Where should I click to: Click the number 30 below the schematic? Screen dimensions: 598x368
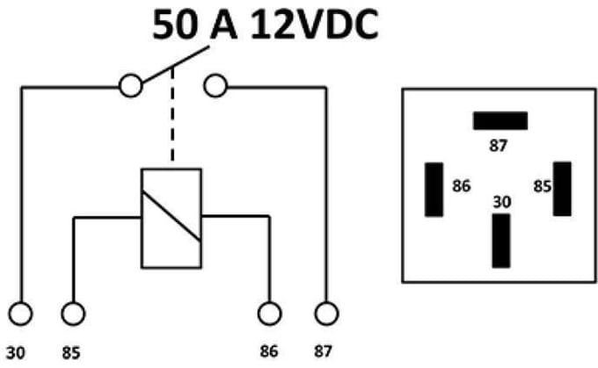click(x=16, y=353)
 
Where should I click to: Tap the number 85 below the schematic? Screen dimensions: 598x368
click(x=71, y=353)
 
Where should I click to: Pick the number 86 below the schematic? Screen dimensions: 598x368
click(x=269, y=351)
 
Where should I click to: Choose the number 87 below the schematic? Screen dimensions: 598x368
click(x=323, y=351)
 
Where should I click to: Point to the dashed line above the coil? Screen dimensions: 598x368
click(x=172, y=114)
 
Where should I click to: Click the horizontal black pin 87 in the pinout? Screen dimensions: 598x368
click(x=500, y=120)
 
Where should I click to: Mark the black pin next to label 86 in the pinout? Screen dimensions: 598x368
click(x=434, y=190)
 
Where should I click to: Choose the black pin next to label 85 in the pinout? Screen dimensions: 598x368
click(x=562, y=189)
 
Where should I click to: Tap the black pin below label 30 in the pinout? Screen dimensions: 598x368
click(x=500, y=241)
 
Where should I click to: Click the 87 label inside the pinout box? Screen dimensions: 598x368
click(x=498, y=146)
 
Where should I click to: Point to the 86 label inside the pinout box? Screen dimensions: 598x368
click(x=462, y=186)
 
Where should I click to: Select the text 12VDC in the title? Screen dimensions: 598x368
click(x=315, y=25)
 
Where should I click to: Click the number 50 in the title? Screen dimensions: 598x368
click(x=175, y=25)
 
